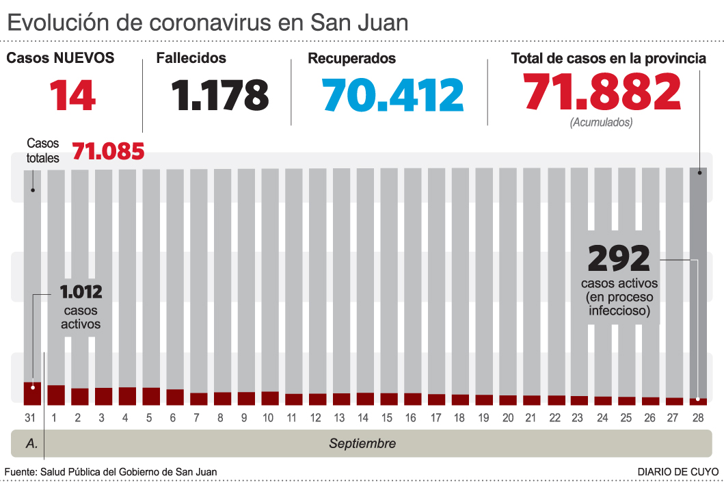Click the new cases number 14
click(x=72, y=95)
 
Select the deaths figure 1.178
click(x=220, y=95)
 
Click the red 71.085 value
click(x=108, y=150)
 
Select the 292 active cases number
click(x=619, y=259)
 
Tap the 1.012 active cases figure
click(x=81, y=293)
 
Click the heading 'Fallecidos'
click(x=191, y=58)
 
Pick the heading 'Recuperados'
click(x=351, y=58)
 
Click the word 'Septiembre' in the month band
click(x=362, y=443)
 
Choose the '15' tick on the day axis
click(x=387, y=417)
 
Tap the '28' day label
click(x=697, y=417)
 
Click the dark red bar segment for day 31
click(x=32, y=393)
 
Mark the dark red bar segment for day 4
click(x=127, y=395)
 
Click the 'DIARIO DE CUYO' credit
click(x=678, y=472)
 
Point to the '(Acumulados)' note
click(x=601, y=122)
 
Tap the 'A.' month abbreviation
click(x=31, y=443)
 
